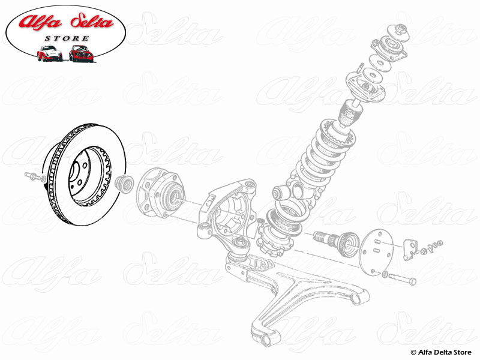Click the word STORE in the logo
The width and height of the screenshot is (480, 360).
pyautogui.click(x=66, y=38)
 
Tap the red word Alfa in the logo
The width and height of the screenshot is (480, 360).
pyautogui.click(x=41, y=23)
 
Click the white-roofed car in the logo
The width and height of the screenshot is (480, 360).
pyautogui.click(x=49, y=54)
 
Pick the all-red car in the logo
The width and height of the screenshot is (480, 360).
pyautogui.click(x=79, y=53)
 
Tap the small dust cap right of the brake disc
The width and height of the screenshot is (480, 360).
pyautogui.click(x=125, y=183)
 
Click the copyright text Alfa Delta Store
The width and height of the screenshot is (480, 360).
pyautogui.click(x=441, y=351)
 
